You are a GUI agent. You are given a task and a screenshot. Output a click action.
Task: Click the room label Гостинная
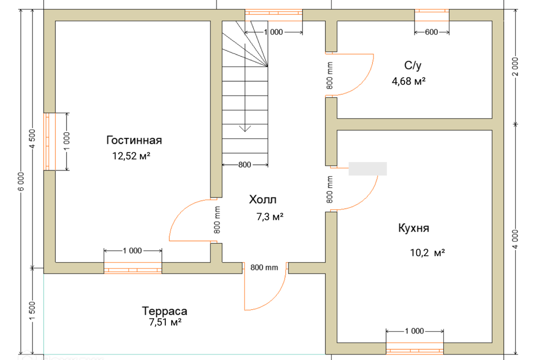coord(134,140)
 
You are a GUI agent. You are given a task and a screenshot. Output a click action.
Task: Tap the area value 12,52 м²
coord(131,156)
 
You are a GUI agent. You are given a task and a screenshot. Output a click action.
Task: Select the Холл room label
coord(263,200)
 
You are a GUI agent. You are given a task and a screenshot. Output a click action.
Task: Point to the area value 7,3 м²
coord(269,217)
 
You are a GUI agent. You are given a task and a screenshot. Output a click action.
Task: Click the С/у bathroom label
coord(412,65)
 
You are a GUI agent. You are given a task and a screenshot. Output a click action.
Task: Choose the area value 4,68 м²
coord(408,82)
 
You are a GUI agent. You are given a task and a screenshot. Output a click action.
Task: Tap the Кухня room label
coord(413,228)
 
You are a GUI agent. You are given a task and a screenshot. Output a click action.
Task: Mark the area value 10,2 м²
coord(427,253)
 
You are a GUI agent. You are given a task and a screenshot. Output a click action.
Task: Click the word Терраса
coord(165,311)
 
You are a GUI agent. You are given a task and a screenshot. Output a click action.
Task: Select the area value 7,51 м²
coord(165,322)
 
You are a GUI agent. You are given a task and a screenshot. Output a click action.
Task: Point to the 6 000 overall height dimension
coord(21,182)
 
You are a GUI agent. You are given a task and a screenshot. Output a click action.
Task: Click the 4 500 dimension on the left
coord(33,138)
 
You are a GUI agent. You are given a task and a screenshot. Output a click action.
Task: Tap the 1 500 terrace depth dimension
coord(33,310)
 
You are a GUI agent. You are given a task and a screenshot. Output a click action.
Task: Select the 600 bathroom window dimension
coord(431,32)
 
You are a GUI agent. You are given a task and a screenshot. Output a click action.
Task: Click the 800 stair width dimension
coord(245,165)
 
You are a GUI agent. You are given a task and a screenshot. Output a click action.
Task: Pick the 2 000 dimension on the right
coord(515,66)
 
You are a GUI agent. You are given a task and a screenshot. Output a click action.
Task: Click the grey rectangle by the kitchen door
coord(367,169)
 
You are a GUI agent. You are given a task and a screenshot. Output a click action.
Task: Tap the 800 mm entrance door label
coord(264,267)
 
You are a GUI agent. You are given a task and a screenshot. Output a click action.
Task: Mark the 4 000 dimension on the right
coord(515,239)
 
